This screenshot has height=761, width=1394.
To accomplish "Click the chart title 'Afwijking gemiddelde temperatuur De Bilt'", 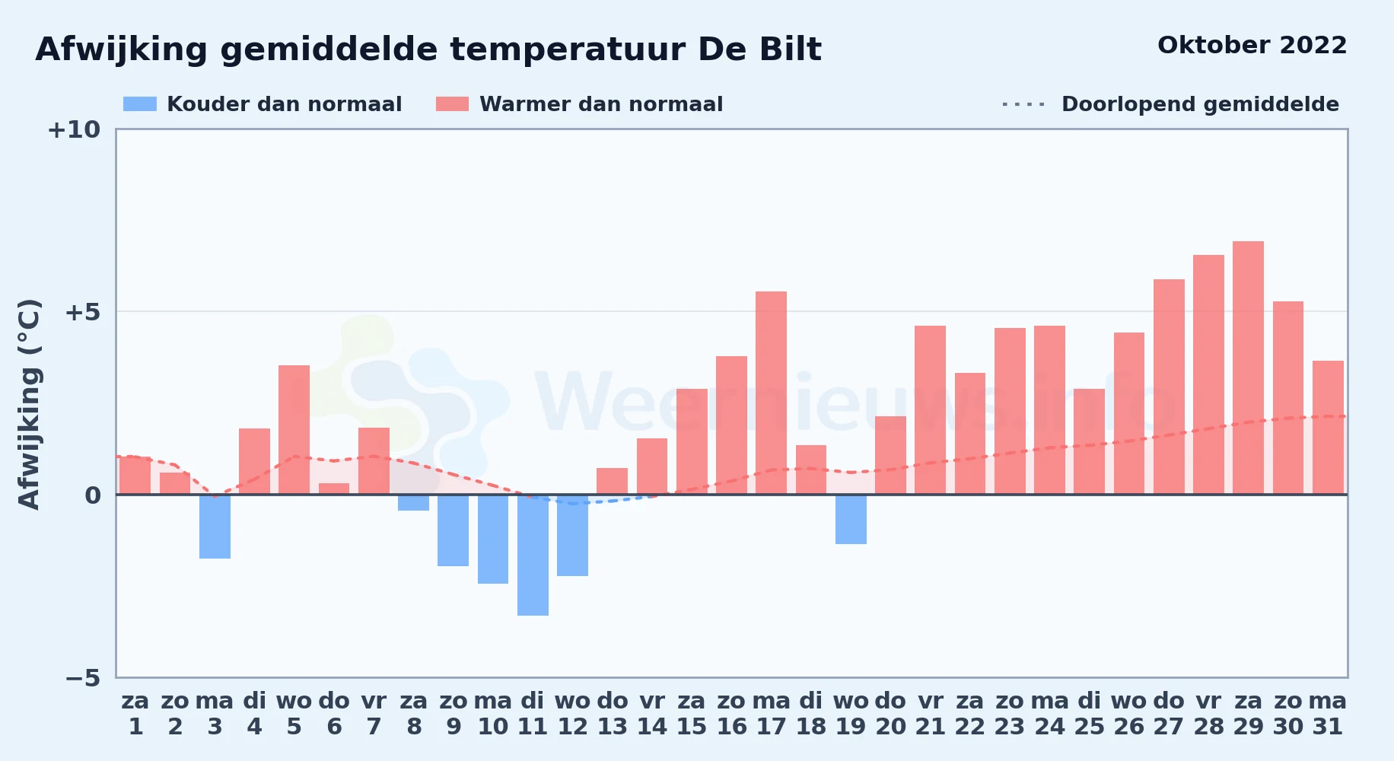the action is pyautogui.click(x=428, y=50).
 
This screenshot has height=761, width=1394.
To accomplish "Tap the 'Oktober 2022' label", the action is pyautogui.click(x=1252, y=46).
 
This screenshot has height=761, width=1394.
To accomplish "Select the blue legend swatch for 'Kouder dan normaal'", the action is pyautogui.click(x=140, y=104).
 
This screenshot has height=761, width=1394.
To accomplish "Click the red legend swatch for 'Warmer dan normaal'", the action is pyautogui.click(x=452, y=104).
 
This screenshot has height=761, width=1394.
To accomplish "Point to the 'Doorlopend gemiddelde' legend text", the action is pyautogui.click(x=1200, y=104).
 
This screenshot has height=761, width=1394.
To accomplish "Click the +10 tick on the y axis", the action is pyautogui.click(x=75, y=130).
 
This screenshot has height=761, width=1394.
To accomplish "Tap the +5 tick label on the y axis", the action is pyautogui.click(x=82, y=312).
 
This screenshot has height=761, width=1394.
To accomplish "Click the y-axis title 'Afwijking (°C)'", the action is pyautogui.click(x=29, y=404).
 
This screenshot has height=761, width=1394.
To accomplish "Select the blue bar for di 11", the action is pyautogui.click(x=533, y=555).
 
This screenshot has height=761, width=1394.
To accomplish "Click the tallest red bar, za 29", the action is pyautogui.click(x=1248, y=368).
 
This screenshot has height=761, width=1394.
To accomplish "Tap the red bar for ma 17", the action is pyautogui.click(x=771, y=393).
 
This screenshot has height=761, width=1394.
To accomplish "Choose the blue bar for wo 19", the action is pyautogui.click(x=851, y=519).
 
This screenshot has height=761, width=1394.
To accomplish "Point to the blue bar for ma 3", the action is pyautogui.click(x=215, y=527).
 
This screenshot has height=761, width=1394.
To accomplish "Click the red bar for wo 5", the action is pyautogui.click(x=294, y=430).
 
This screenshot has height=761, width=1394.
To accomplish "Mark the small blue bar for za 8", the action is pyautogui.click(x=413, y=502).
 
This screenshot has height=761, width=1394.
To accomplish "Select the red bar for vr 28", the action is pyautogui.click(x=1208, y=374).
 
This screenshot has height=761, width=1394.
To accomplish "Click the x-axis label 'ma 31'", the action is pyautogui.click(x=1328, y=714).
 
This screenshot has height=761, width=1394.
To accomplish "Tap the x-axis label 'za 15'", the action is pyautogui.click(x=692, y=714).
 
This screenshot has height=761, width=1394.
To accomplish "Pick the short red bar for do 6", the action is pyautogui.click(x=334, y=489).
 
